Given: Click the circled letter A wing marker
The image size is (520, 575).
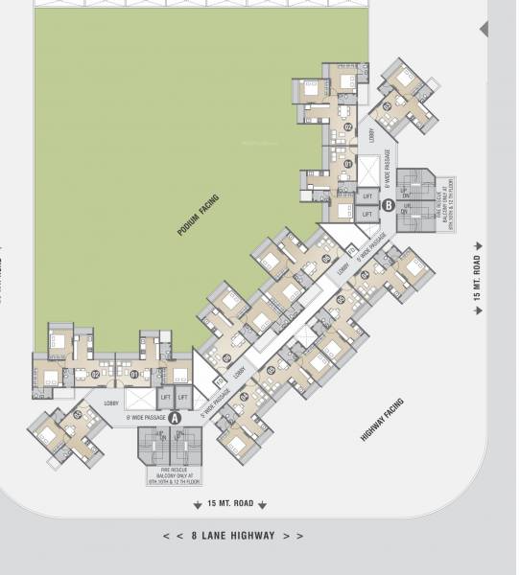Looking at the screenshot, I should [x=175, y=417].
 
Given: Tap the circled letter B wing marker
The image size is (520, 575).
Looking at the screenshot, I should [x=389, y=204].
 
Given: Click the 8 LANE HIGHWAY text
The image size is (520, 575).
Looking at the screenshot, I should [x=233, y=536].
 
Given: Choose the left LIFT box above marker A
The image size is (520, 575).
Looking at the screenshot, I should [x=165, y=397].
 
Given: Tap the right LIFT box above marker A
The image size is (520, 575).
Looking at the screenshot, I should [x=182, y=397].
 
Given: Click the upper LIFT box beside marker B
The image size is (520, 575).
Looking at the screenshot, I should [x=366, y=195].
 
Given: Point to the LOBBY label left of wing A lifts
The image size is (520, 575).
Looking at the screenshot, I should [x=111, y=403].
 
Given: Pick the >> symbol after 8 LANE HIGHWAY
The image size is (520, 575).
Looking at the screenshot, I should [x=297, y=536].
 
